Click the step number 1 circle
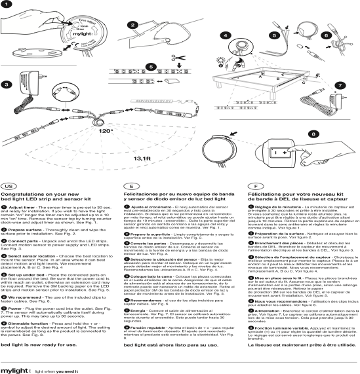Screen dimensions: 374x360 click(x=9, y=5)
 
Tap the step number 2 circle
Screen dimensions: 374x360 click(x=133, y=26)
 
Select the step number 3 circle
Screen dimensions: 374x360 click(x=7, y=83)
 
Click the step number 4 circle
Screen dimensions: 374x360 click(x=225, y=35)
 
